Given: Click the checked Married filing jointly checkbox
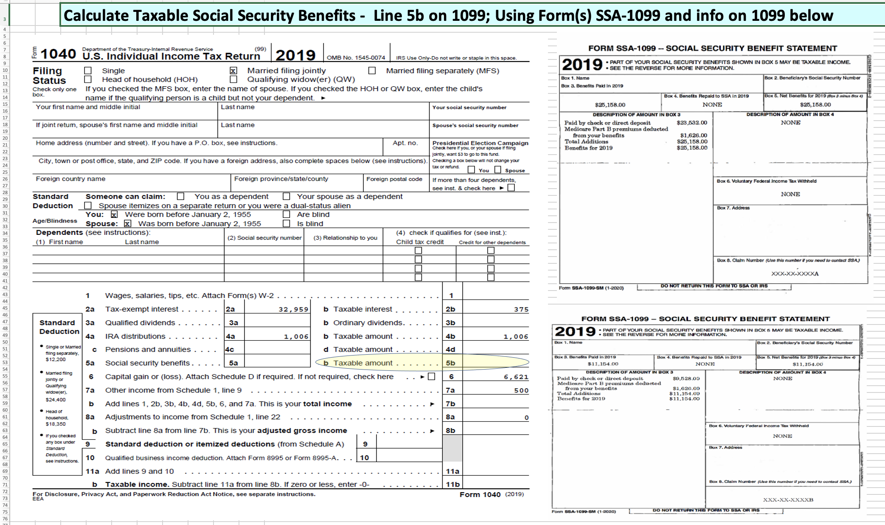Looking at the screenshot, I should click(233, 71).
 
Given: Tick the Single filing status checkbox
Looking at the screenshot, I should click(88, 71).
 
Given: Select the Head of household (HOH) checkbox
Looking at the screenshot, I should click(88, 79).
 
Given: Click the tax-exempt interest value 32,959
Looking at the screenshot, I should click(293, 310).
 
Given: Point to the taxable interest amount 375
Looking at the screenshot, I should click(521, 310).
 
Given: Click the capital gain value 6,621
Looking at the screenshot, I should click(516, 377).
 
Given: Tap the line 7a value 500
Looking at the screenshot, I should click(521, 391).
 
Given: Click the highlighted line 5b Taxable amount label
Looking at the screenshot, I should click(363, 363).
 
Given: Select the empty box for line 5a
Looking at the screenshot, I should click(277, 363).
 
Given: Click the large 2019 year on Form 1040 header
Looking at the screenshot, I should click(295, 55).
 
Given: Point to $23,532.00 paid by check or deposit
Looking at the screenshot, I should click(692, 123).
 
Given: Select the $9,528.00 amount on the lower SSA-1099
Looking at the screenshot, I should click(686, 378).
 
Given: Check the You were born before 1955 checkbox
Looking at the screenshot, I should click(114, 215).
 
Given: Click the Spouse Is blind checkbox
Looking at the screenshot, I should click(287, 223).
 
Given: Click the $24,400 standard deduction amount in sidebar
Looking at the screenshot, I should click(56, 400).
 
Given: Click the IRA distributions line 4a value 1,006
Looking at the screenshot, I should click(296, 337).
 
